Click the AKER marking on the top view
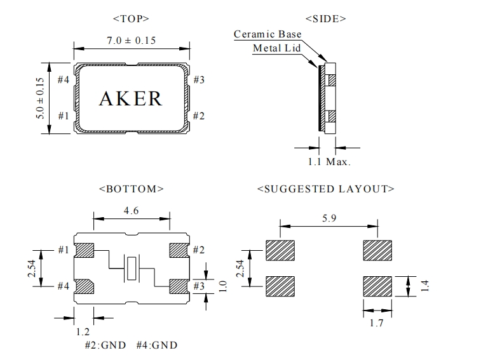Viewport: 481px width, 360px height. (x=131, y=98)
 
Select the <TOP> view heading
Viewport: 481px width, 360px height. (x=131, y=19)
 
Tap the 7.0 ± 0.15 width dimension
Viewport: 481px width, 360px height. (x=131, y=41)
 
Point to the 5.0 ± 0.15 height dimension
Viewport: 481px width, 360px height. (x=40, y=98)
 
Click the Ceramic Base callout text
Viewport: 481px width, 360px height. (x=268, y=34)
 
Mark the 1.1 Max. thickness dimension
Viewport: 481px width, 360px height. (x=329, y=162)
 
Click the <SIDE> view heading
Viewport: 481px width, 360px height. (x=326, y=19)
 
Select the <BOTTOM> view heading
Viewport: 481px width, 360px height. (x=132, y=189)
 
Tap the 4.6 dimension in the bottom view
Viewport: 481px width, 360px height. (x=132, y=210)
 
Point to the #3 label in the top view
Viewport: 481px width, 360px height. (x=199, y=80)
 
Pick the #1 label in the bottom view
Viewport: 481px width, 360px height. (x=63, y=250)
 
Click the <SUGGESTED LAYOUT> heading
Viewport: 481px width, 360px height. (x=326, y=189)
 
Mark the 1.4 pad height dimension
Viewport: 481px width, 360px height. (x=425, y=286)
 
